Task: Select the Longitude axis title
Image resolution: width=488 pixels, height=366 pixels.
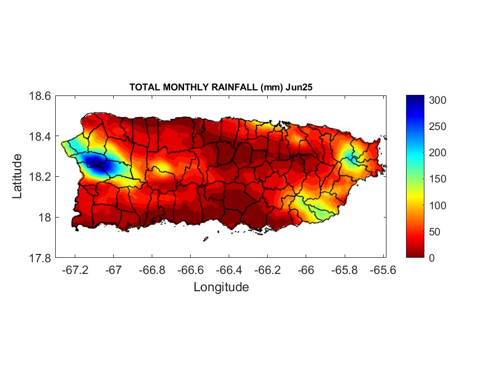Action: coord(221,287)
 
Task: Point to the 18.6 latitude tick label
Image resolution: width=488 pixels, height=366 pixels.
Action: coord(40,96)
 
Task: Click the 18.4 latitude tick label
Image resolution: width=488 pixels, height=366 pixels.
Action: coord(40,137)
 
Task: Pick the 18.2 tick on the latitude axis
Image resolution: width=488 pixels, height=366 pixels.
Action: coord(40,177)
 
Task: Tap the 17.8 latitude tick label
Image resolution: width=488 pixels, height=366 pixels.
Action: coord(40,258)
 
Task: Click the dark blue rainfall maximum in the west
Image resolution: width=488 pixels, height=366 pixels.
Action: coord(95,162)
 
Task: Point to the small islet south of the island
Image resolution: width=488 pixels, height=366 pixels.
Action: coord(205,239)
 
